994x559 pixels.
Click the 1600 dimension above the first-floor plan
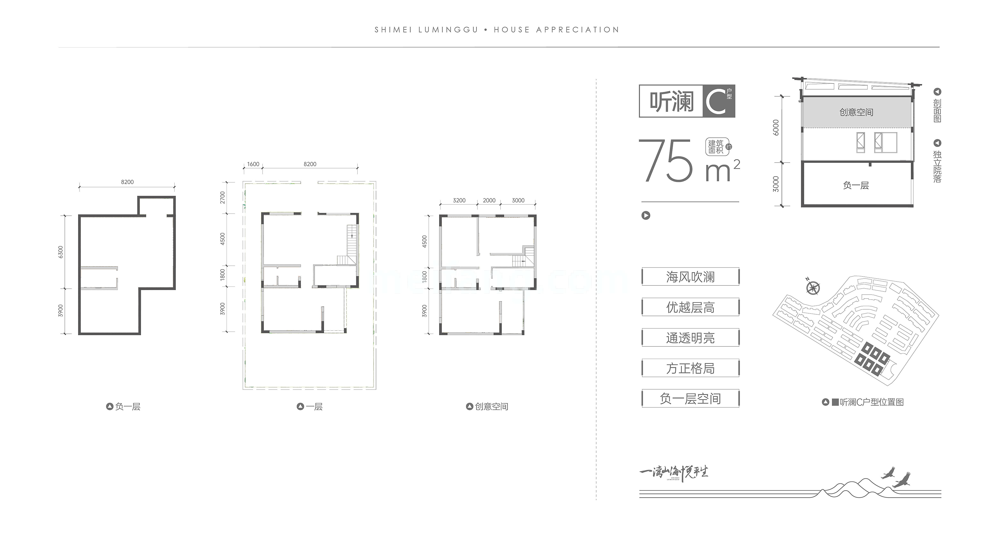[x=253, y=164]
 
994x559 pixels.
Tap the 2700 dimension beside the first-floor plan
[x=223, y=198]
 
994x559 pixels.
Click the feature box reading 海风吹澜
[x=690, y=277]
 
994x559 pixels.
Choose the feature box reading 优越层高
[x=690, y=307]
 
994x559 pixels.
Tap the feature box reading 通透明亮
[x=690, y=338]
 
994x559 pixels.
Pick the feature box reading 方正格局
[x=690, y=368]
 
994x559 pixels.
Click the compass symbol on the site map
[x=813, y=287]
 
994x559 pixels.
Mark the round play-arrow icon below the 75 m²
[x=646, y=215]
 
